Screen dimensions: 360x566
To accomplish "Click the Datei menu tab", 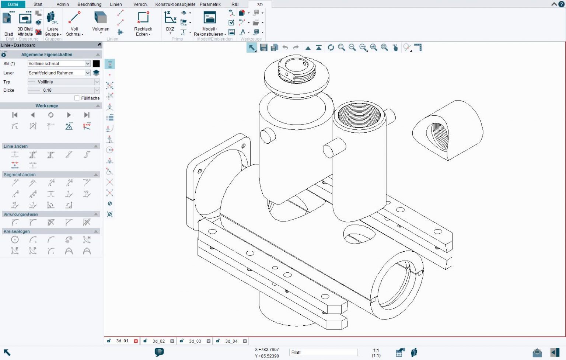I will pyautogui.click(x=13, y=4).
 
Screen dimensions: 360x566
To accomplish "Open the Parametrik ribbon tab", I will pyautogui.click(x=210, y=4).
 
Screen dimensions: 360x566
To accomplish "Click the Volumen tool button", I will pyautogui.click(x=100, y=22).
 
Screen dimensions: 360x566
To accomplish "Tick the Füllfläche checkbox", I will pyautogui.click(x=77, y=98).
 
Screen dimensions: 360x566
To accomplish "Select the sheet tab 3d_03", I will pyautogui.click(x=195, y=341).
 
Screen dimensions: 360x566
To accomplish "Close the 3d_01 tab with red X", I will pyautogui.click(x=136, y=341).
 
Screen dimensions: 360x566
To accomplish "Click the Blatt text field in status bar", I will pyautogui.click(x=323, y=353).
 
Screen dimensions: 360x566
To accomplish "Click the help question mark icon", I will pyautogui.click(x=561, y=4).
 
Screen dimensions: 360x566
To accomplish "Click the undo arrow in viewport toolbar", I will pyautogui.click(x=285, y=48).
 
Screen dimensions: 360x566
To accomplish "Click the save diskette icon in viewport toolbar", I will pyautogui.click(x=263, y=48).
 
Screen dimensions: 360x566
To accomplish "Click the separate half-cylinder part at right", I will pyautogui.click(x=448, y=129).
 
